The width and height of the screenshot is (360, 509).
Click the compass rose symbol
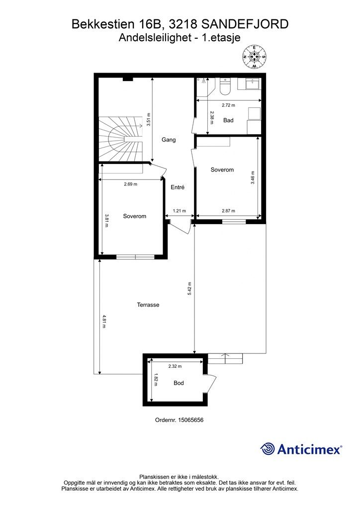255,57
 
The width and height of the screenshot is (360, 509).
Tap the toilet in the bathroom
225,86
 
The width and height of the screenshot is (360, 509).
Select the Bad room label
228,120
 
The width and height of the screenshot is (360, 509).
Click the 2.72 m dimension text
228,105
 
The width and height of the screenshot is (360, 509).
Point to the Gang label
169,140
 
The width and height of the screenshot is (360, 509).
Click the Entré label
178,187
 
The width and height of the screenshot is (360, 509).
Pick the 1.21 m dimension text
179,211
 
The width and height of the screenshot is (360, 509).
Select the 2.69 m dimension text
130,184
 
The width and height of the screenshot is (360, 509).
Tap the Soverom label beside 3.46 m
222,170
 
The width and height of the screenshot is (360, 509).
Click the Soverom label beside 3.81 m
134,216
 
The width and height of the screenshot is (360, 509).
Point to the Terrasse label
148,305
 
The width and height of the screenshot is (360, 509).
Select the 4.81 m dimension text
104,322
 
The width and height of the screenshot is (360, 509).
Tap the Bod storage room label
179,383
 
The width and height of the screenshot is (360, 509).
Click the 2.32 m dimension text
175,366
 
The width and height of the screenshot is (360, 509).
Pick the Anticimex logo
301,449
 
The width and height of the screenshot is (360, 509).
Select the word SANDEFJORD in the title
245,24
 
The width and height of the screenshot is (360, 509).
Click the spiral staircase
120,140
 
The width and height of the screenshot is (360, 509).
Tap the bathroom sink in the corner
253,84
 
